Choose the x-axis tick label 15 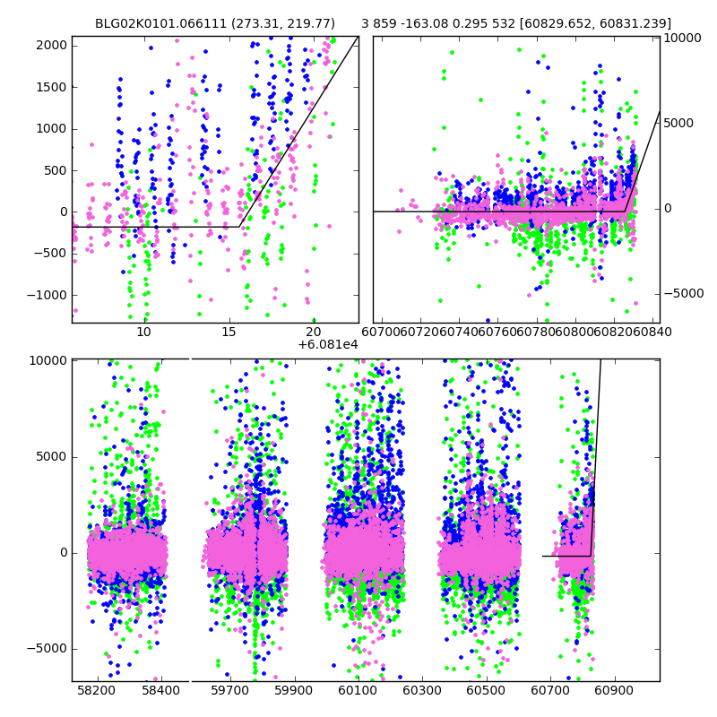point(229,333)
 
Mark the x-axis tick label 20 point(314,333)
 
